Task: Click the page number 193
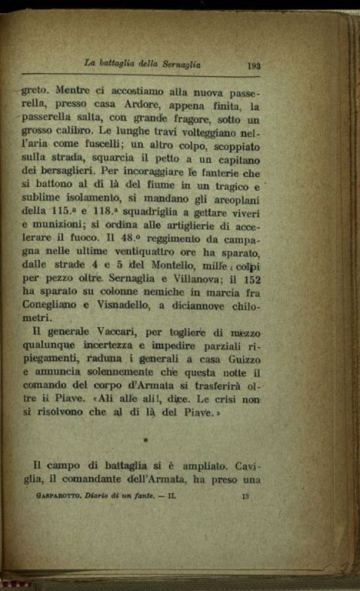click(x=254, y=64)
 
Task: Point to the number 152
click(x=251, y=279)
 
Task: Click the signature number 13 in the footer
click(x=245, y=497)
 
